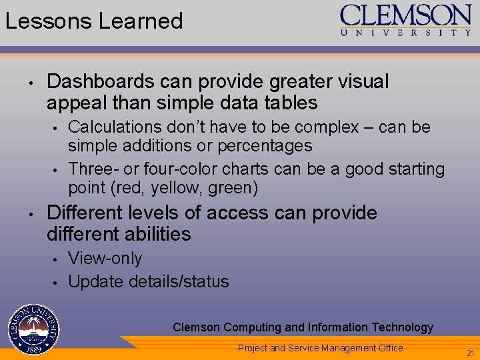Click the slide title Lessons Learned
click(94, 21)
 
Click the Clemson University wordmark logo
click(406, 20)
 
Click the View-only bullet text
click(105, 258)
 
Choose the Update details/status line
click(148, 281)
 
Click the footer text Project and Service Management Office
click(320, 347)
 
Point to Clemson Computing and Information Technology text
click(303, 327)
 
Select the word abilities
click(159, 234)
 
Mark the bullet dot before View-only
click(57, 259)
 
